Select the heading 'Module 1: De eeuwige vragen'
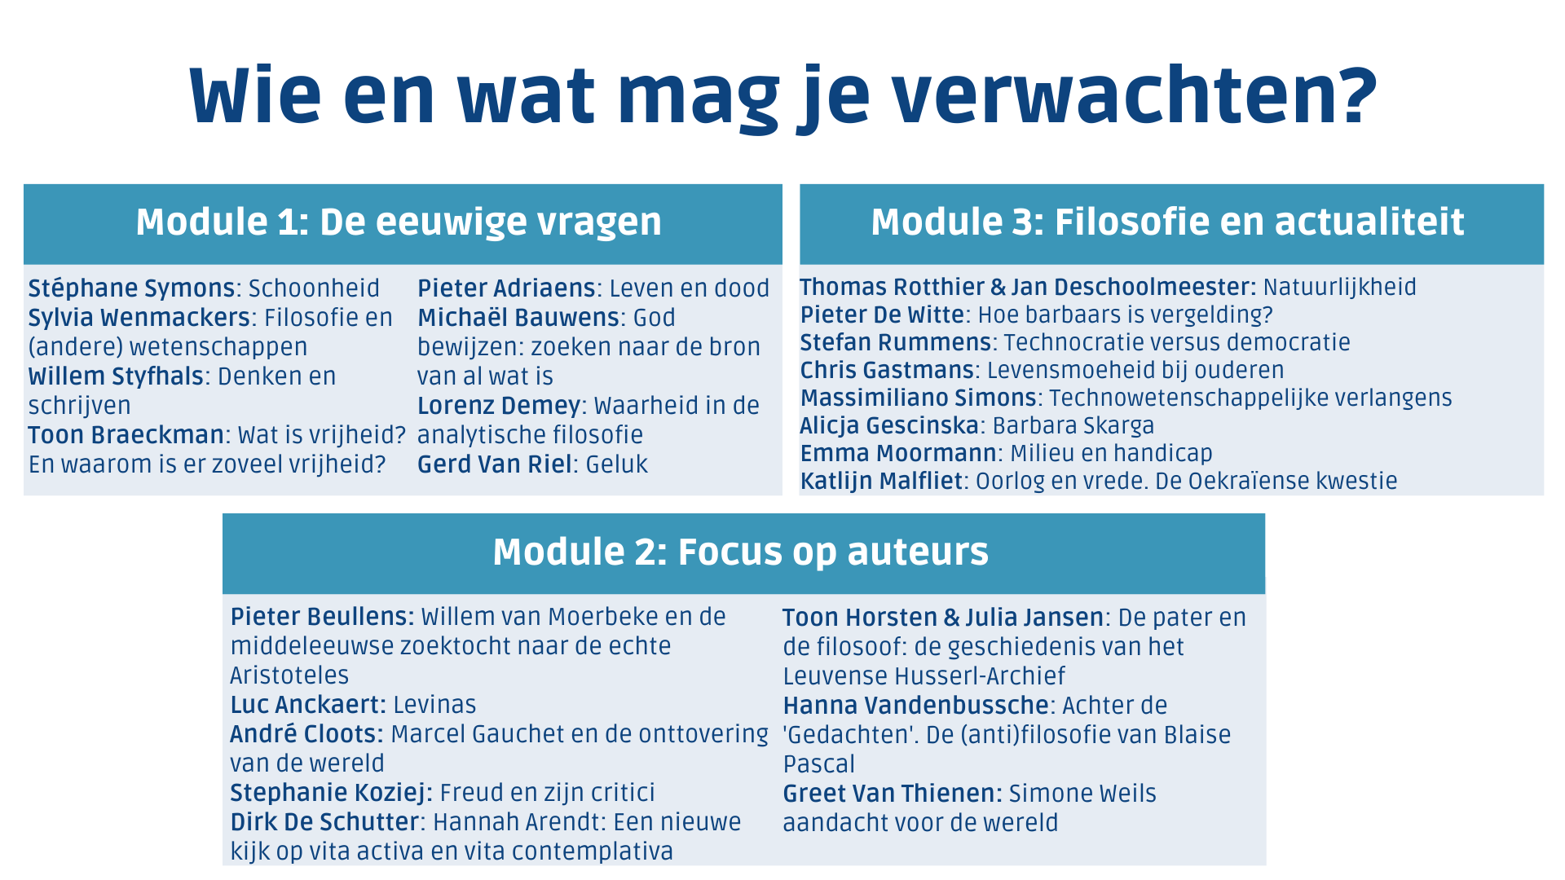(399, 222)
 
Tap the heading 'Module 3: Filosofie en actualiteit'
(1167, 222)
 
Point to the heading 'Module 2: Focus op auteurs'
(740, 552)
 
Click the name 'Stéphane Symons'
(132, 288)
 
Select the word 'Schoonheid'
(314, 288)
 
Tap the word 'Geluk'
(616, 464)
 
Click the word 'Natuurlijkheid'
(1339, 288)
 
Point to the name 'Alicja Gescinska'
(889, 426)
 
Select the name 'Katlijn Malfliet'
(881, 482)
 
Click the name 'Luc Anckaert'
(306, 705)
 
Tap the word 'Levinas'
(434, 705)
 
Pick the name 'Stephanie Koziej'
(328, 793)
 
